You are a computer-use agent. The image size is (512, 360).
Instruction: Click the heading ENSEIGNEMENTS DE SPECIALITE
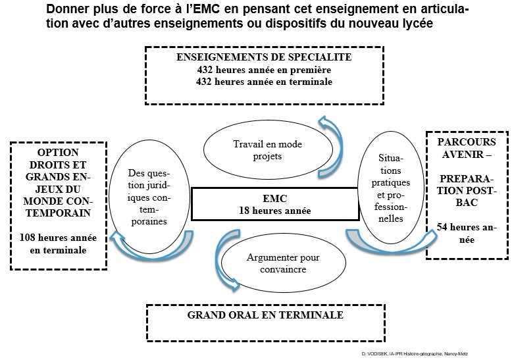tap(264, 57)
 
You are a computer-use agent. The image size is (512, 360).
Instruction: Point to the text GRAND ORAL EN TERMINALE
tap(265, 315)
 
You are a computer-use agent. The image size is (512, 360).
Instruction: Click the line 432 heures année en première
tap(264, 70)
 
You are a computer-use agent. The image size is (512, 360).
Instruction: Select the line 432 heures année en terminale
tap(264, 82)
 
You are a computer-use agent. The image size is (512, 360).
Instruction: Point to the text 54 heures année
tap(467, 234)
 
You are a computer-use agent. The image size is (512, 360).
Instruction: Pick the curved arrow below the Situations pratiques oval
tap(382, 241)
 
